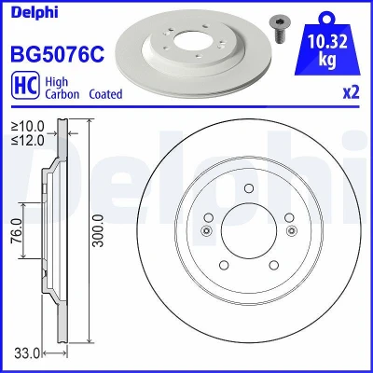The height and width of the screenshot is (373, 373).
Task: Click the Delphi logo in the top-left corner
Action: pos(35,12)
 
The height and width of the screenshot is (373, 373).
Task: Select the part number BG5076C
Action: pos(58,53)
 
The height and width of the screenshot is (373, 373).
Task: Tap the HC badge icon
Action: pos(25,86)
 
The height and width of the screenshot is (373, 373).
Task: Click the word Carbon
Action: pos(62,94)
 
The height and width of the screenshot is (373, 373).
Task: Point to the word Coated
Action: pos(105,94)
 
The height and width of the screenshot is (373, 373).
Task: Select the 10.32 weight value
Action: pos(327,42)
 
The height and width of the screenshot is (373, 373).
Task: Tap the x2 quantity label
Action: pos(352,92)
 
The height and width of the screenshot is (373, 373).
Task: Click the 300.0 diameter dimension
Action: pos(99,230)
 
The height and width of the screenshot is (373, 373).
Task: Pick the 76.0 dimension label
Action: pos(17,230)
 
